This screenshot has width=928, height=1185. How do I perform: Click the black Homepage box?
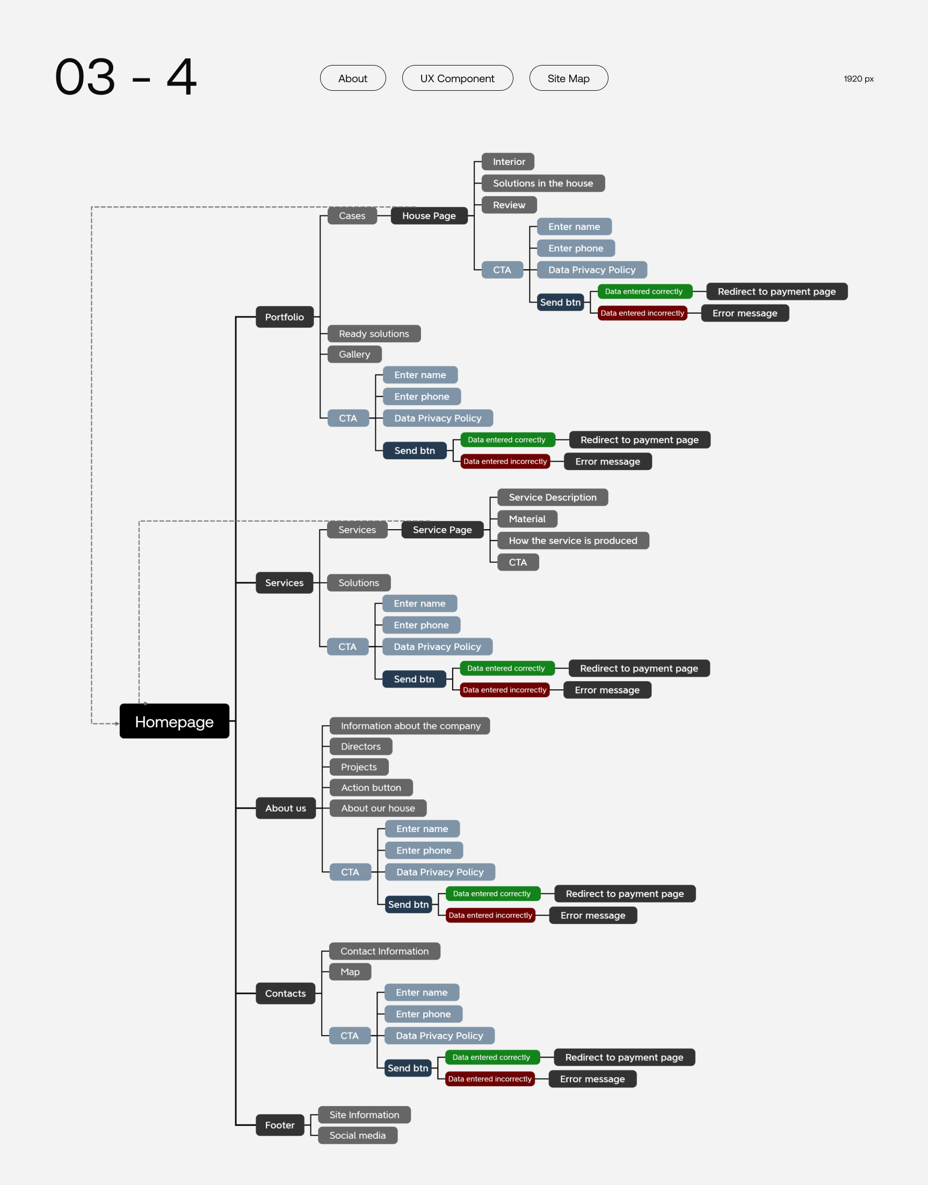174,721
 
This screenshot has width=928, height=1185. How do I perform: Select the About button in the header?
353,78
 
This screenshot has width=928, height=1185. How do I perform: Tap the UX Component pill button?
457,78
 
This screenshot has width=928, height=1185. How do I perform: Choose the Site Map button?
568,78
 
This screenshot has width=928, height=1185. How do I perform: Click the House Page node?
429,216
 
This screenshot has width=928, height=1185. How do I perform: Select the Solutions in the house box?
543,183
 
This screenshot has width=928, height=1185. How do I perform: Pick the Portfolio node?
284,317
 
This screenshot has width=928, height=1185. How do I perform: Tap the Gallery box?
354,354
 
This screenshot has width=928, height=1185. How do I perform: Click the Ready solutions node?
374,334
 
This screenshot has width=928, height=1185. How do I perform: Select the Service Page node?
442,530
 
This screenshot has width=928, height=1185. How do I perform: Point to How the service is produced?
572,540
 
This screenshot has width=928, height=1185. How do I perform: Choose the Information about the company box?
410,726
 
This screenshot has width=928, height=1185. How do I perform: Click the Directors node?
361,747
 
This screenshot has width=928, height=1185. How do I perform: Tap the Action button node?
371,788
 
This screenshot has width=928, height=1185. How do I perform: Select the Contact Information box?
384,951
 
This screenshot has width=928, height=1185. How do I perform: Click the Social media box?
358,1136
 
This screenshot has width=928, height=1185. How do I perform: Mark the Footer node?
279,1125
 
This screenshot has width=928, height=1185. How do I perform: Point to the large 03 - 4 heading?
126,77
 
